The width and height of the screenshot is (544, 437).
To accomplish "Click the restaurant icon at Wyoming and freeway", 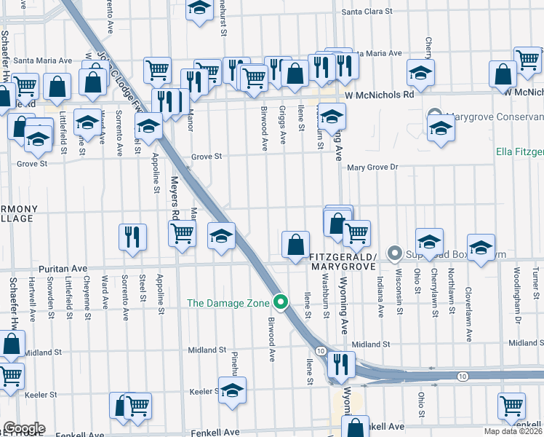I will [x=339, y=363].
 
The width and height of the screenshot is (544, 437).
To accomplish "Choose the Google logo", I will [x=23, y=428].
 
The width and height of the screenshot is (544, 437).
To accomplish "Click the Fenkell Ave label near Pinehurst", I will [x=215, y=432].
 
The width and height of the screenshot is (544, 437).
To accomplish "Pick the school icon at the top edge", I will [x=199, y=9].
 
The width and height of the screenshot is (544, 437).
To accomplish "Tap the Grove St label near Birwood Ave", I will [x=206, y=157].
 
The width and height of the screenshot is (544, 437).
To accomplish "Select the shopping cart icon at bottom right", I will [x=511, y=405].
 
